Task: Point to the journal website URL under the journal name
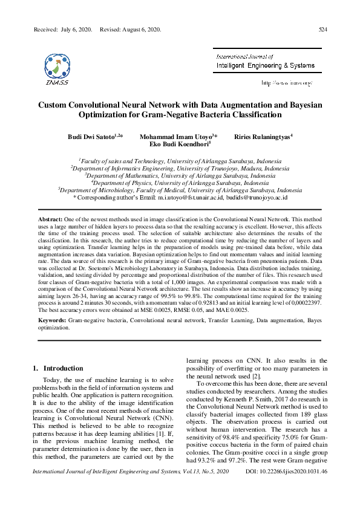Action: tap(286, 82)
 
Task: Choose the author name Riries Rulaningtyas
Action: tap(261, 137)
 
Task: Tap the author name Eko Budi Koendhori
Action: tap(178, 145)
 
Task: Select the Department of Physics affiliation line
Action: tap(180, 182)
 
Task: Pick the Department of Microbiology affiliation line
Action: tap(180, 189)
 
